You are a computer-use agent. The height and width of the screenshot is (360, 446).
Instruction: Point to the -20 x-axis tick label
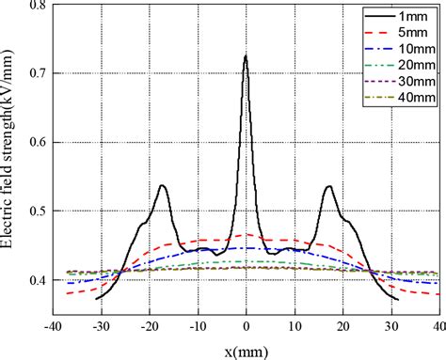pyautogui.click(x=149, y=325)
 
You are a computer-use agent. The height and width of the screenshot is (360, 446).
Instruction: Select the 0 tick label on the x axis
pyautogui.click(x=247, y=325)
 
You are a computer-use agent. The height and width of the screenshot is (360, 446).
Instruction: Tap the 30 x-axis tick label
pyautogui.click(x=390, y=325)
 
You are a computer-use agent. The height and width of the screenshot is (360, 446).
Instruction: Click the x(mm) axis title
pyautogui.click(x=246, y=348)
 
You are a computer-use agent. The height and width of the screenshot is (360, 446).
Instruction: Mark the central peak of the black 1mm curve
pyautogui.click(x=246, y=56)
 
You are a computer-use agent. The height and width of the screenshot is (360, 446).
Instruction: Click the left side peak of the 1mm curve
pyautogui.click(x=163, y=185)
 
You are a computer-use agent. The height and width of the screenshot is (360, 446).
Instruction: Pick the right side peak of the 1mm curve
pyautogui.click(x=328, y=186)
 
